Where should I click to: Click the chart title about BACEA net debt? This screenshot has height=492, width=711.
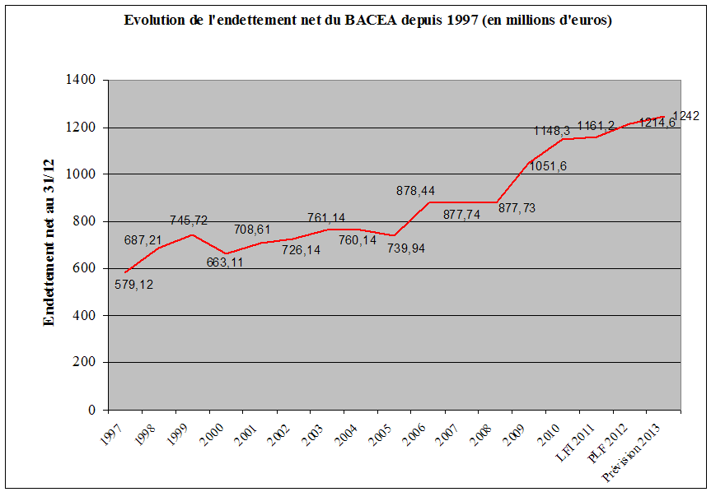click(x=367, y=21)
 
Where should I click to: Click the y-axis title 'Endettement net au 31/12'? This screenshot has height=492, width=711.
click(x=49, y=245)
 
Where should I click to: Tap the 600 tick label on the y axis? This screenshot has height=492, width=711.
click(x=87, y=268)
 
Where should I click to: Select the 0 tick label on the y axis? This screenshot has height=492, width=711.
click(x=93, y=410)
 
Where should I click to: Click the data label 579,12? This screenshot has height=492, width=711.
click(x=134, y=285)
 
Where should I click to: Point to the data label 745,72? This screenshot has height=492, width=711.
click(x=189, y=220)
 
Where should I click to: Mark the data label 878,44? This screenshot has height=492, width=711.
click(x=414, y=191)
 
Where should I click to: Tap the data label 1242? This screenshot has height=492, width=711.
click(x=685, y=116)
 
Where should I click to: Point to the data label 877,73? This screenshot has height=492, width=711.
click(x=517, y=208)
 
